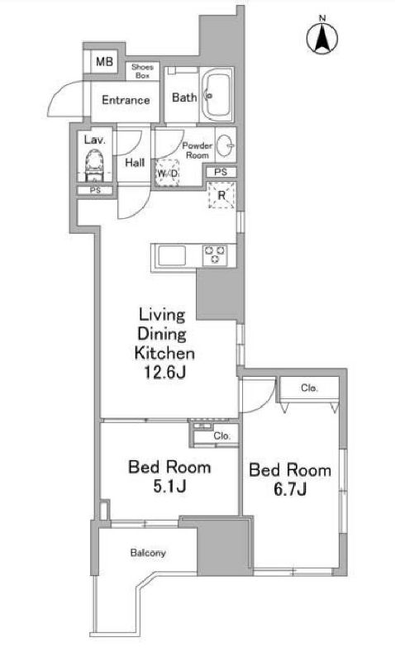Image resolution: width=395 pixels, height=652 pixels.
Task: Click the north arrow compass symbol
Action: (x=322, y=38)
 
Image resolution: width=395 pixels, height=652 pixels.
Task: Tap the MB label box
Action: (x=104, y=61)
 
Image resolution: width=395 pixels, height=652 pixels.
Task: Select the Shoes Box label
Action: (x=143, y=71)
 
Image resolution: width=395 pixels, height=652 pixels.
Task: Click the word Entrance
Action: (x=126, y=100)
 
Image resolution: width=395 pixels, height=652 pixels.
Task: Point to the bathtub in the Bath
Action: (x=217, y=94)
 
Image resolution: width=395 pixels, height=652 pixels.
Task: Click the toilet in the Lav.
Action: (x=95, y=165)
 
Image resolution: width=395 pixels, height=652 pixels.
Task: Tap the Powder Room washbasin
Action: (x=226, y=145)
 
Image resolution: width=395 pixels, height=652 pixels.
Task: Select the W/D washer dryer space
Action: (x=168, y=173)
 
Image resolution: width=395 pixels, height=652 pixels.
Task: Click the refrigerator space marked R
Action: (x=221, y=194)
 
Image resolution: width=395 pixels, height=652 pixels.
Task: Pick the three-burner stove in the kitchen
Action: (x=215, y=255)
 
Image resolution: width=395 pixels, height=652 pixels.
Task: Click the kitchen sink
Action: (x=172, y=255)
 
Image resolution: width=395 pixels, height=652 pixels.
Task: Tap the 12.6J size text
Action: (x=165, y=372)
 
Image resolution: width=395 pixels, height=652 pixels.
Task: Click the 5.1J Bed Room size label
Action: (x=169, y=486)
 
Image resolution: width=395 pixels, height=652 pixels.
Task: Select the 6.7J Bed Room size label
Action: (x=290, y=489)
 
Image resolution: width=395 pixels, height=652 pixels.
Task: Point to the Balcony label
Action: (x=148, y=553)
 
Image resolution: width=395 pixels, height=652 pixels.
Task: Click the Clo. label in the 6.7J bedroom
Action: (x=309, y=388)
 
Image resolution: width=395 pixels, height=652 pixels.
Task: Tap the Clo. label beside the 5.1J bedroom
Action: (x=222, y=435)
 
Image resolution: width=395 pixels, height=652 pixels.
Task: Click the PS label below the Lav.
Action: (x=96, y=190)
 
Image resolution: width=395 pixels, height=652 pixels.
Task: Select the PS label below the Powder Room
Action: (x=221, y=172)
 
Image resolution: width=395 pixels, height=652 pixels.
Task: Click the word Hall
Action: (x=135, y=163)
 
